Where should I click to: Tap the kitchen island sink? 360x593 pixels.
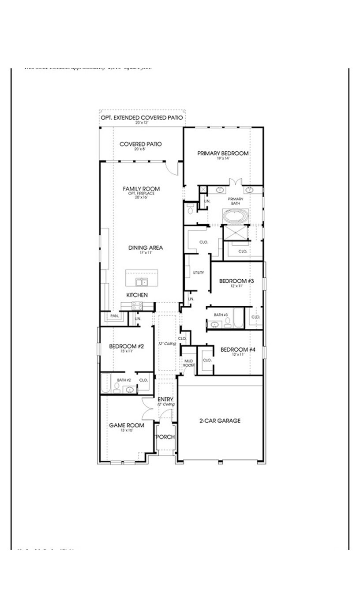142,282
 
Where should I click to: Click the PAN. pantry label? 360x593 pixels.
114,316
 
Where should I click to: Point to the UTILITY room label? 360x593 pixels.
198,273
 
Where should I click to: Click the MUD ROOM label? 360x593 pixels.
189,363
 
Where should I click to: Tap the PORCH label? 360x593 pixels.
165,437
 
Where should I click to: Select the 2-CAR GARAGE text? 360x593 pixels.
220,420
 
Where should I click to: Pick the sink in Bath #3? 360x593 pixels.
214,325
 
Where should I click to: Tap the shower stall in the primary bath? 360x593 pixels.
235,233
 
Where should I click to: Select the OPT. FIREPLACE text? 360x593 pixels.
141,193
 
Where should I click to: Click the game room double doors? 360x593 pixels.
148,409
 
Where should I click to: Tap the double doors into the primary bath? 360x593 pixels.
235,182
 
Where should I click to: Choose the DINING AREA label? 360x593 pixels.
146,248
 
